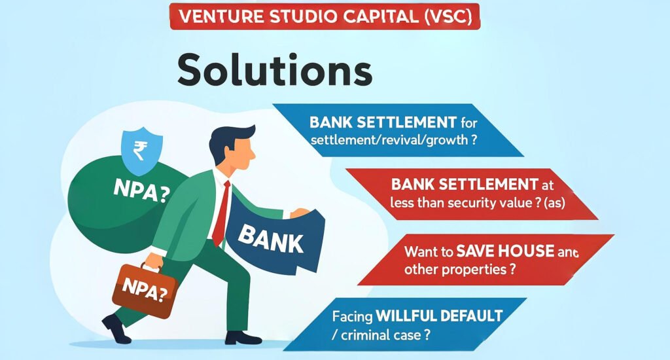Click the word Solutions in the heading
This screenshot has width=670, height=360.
tap(275, 69)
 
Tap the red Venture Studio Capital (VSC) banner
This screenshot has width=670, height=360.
tap(325, 16)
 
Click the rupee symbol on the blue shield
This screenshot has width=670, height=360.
tap(140, 151)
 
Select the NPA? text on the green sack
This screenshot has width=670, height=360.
tap(141, 190)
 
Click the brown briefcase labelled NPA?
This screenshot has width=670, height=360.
tap(145, 290)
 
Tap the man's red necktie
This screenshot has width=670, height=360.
tap(221, 213)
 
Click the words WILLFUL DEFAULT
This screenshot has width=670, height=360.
tap(439, 316)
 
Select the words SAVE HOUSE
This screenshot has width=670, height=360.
tap(505, 251)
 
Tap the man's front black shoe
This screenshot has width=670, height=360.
tap(243, 338)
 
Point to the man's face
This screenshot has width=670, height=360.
tap(243, 154)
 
